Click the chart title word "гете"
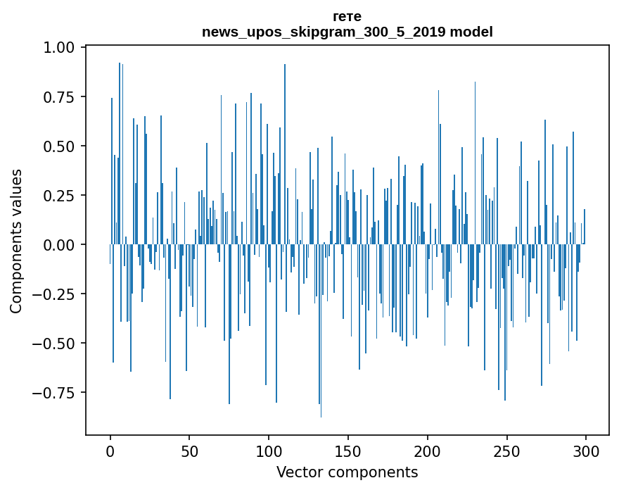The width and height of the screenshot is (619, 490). pyautogui.click(x=347, y=16)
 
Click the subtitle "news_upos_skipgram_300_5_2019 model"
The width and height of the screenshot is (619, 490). pyautogui.click(x=347, y=32)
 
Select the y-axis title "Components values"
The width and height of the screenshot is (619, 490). pyautogui.click(x=15, y=241)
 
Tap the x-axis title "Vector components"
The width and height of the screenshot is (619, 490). pyautogui.click(x=347, y=472)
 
